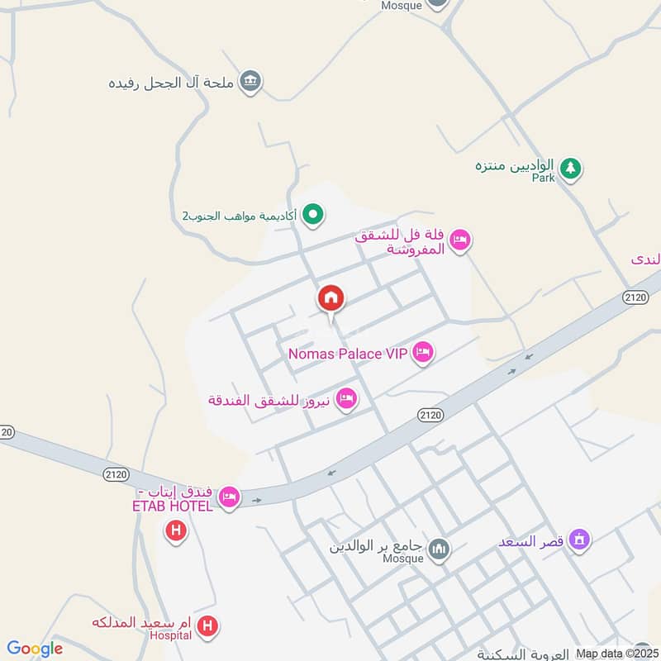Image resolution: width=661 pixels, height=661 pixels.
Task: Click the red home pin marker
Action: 331,299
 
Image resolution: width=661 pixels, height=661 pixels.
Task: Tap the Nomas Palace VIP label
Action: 348,354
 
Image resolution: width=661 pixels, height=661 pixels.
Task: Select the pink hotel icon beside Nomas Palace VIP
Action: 423,353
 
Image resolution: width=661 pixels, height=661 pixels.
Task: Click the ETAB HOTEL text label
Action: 173,506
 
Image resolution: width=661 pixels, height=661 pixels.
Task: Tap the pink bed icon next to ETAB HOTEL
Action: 230,497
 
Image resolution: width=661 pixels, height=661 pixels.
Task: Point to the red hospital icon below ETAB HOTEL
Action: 176,530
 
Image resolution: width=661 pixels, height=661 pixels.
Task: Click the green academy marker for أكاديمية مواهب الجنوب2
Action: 313,216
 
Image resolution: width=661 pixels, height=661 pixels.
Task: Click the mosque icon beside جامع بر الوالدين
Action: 440,548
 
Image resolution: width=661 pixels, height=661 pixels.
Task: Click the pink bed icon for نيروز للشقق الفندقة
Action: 347,399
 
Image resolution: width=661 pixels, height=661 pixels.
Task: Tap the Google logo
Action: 35,649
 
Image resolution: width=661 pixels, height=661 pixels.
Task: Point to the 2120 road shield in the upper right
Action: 635,297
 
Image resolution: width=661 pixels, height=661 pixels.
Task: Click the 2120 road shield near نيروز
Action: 430,414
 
